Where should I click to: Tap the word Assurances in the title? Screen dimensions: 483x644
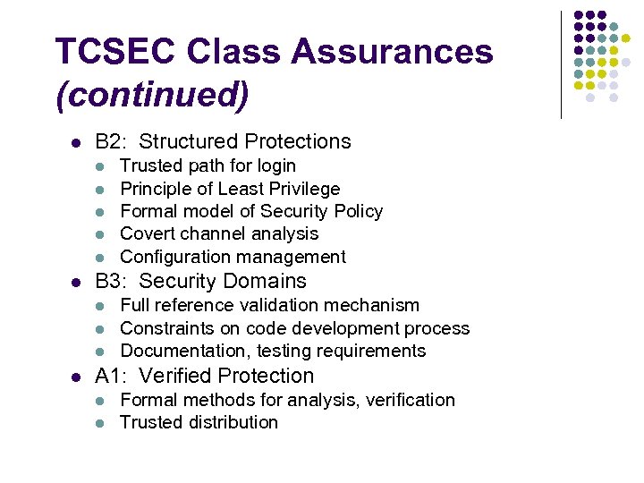392,52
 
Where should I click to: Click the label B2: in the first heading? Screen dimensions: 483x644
112,141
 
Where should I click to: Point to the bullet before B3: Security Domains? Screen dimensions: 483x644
77,282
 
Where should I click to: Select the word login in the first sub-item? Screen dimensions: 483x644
276,165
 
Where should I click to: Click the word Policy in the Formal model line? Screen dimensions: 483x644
357,211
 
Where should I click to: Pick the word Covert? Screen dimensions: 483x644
148,233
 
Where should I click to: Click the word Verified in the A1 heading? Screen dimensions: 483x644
174,376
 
